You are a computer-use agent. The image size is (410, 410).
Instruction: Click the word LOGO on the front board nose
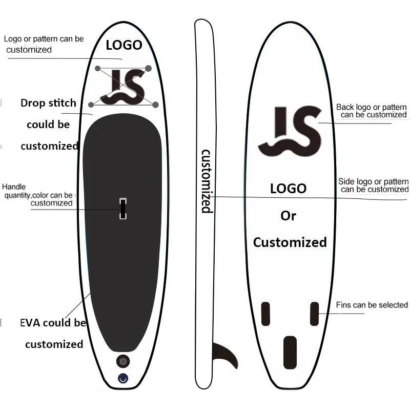pyautogui.click(x=124, y=45)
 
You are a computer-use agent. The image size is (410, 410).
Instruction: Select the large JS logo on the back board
pyautogui.click(x=290, y=131)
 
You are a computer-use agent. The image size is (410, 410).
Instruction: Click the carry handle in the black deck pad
pyautogui.click(x=123, y=209)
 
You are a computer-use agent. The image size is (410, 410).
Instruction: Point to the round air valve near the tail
pyautogui.click(x=123, y=361)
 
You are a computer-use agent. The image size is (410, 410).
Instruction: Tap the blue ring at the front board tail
pyautogui.click(x=123, y=378)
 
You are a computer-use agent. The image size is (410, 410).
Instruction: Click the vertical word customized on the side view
pyautogui.click(x=206, y=181)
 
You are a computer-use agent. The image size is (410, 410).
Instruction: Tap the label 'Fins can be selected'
pyautogui.click(x=372, y=305)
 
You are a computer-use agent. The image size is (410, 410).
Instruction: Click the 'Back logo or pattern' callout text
pyautogui.click(x=371, y=108)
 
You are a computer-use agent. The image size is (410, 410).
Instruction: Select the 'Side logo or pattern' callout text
pyautogui.click(x=373, y=182)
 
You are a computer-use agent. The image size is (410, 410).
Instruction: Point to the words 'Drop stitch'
pyautogui.click(x=48, y=103)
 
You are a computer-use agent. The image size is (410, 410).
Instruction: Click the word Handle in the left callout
pyautogui.click(x=14, y=187)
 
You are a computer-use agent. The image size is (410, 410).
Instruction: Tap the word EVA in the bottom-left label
pyautogui.click(x=30, y=323)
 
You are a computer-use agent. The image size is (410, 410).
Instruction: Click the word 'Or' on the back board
pyautogui.click(x=288, y=216)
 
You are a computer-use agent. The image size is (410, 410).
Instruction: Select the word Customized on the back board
pyautogui.click(x=290, y=242)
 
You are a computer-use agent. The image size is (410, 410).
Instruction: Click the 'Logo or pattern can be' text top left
pyautogui.click(x=44, y=39)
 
